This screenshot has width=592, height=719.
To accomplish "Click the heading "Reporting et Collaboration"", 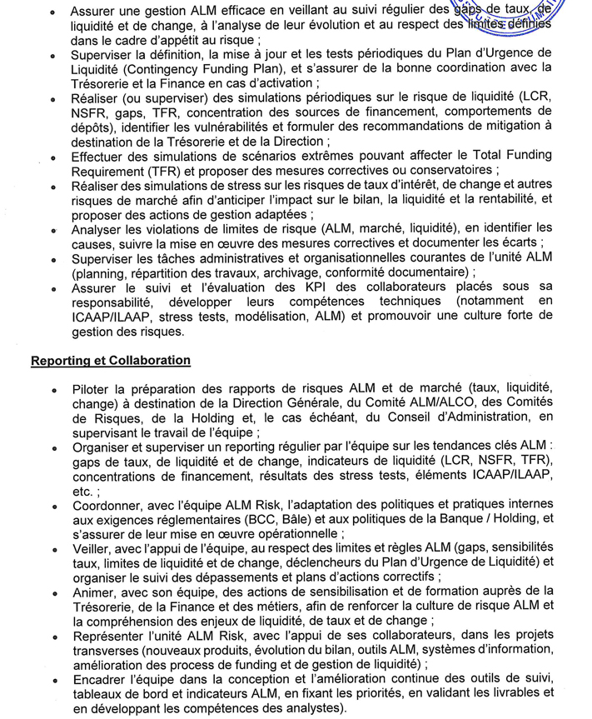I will pyautogui.click(x=110, y=360).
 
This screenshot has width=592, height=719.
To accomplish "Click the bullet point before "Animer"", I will pyautogui.click(x=53, y=593).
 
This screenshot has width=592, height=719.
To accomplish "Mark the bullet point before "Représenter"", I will pyautogui.click(x=53, y=637).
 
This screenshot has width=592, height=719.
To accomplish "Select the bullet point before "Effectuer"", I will pyautogui.click(x=53, y=157).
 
